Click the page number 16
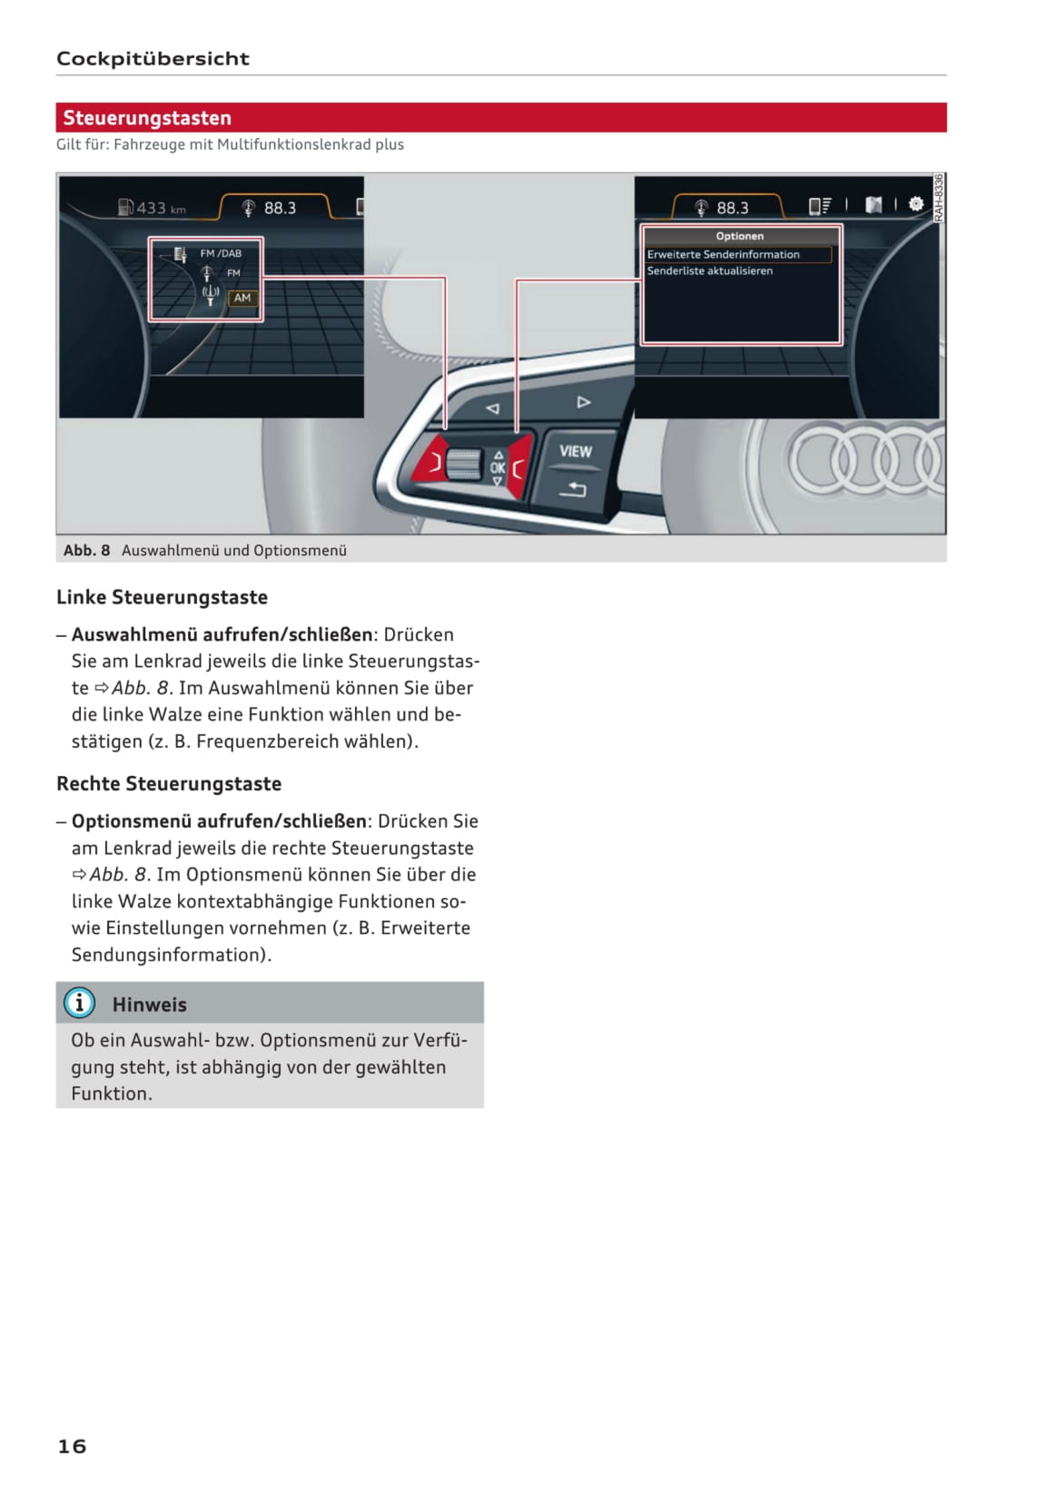[72, 1446]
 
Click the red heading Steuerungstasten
[147, 118]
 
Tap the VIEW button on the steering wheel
[575, 451]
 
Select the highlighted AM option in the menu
[242, 298]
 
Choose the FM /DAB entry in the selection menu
[221, 254]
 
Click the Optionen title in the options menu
[739, 236]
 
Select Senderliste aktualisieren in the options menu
[710, 271]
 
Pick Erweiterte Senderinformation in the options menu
[724, 255]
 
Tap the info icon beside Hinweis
[80, 1003]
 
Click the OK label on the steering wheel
[498, 468]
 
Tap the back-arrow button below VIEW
[573, 490]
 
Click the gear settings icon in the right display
[915, 205]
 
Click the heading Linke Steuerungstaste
[162, 597]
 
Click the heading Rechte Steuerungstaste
[169, 784]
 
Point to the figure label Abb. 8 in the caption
[86, 551]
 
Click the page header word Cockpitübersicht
[153, 59]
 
